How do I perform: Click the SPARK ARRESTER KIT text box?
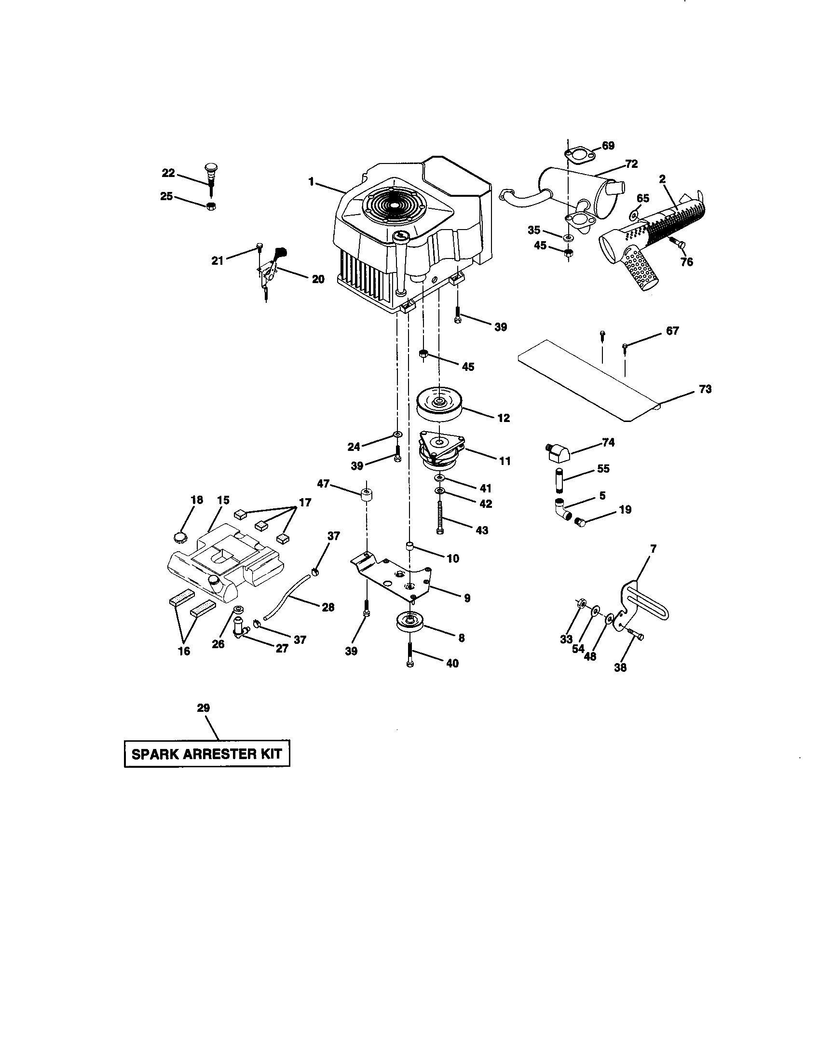click(207, 754)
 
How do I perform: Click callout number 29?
click(203, 708)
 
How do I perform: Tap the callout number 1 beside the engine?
click(311, 182)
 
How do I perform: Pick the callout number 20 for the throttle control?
click(318, 279)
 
